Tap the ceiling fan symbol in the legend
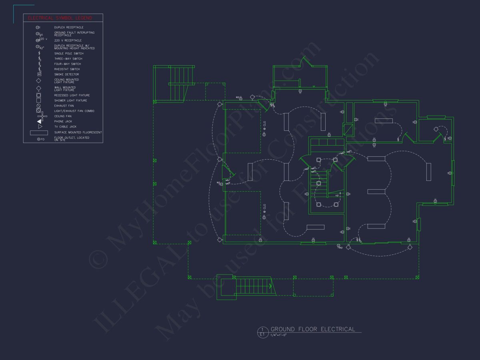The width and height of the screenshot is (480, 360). pyautogui.click(x=42, y=116)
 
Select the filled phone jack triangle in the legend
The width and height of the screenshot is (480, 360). pyautogui.click(x=39, y=121)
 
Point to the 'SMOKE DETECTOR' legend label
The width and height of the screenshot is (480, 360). pyautogui.click(x=66, y=74)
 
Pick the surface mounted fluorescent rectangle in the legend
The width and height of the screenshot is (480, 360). pyautogui.click(x=39, y=132)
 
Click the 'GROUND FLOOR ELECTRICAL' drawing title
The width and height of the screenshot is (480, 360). pyautogui.click(x=313, y=329)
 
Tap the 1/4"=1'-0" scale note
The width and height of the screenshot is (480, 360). pyautogui.click(x=279, y=335)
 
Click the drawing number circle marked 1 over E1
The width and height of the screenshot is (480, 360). pyautogui.click(x=262, y=331)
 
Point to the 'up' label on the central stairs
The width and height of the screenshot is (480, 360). pyautogui.click(x=337, y=195)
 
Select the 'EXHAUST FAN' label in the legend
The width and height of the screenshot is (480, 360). pyautogui.click(x=64, y=106)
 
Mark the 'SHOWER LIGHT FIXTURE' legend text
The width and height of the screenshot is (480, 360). pyautogui.click(x=70, y=100)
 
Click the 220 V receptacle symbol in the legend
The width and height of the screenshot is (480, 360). pyautogui.click(x=39, y=40)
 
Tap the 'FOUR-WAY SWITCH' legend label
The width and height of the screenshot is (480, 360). pyautogui.click(x=68, y=64)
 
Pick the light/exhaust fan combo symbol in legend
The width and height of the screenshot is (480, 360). pyautogui.click(x=39, y=110)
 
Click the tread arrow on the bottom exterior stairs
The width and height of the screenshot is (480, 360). pyautogui.click(x=270, y=286)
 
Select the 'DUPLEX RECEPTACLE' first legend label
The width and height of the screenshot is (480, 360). pyautogui.click(x=69, y=28)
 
